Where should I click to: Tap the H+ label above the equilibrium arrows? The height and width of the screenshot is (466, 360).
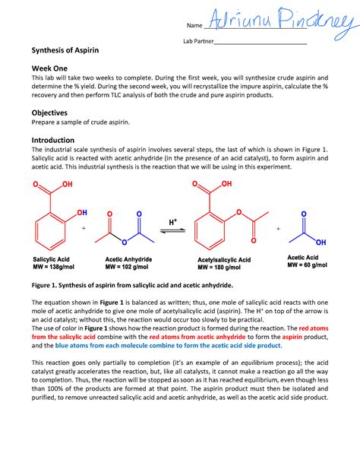pyautogui.click(x=173, y=220)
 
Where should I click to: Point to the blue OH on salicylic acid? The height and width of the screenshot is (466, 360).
pyautogui.click(x=81, y=212)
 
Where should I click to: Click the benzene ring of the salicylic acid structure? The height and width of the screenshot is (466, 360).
pyautogui.click(x=49, y=227)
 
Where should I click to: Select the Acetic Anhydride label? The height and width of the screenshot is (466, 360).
pyautogui.click(x=129, y=259)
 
